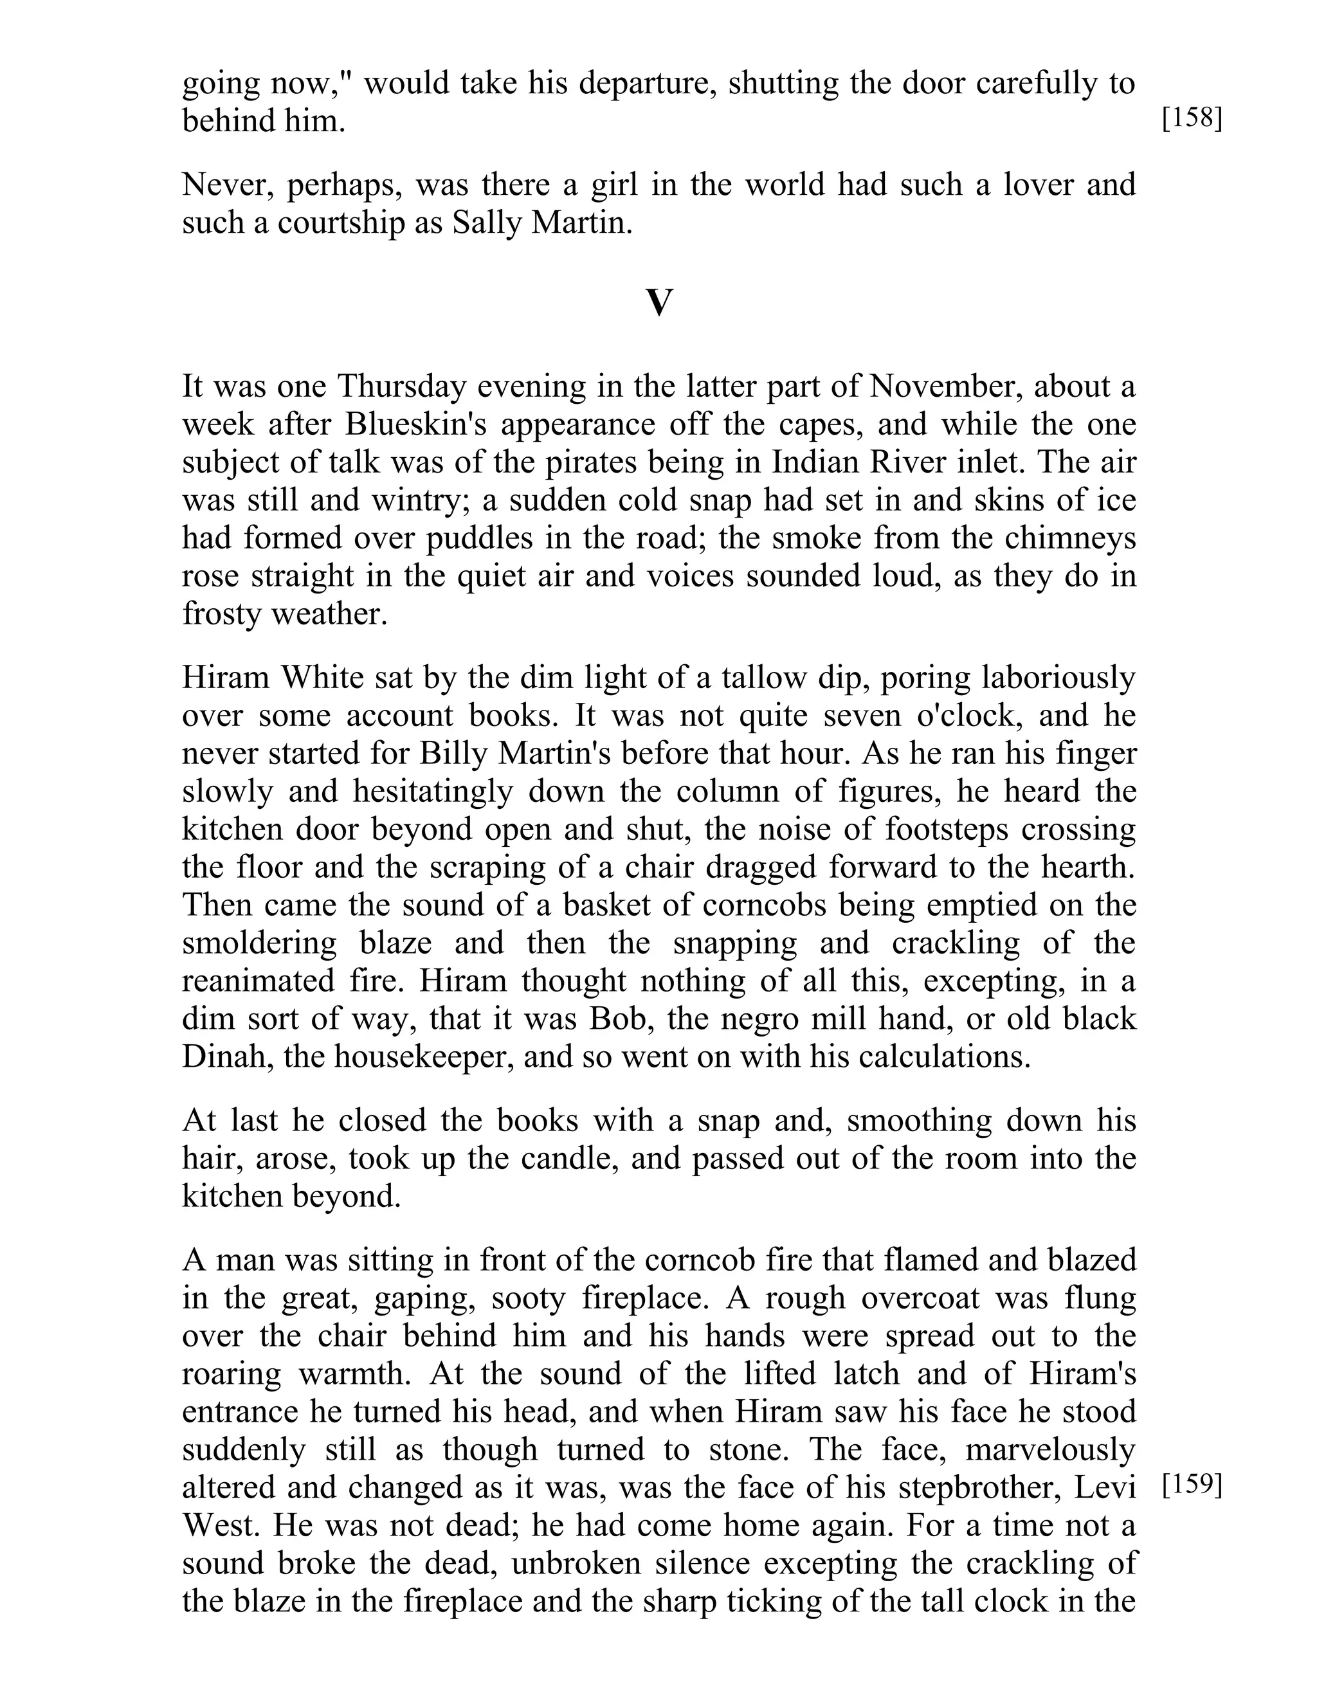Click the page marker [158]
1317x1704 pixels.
[1192, 120]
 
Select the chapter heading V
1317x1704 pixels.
[658, 303]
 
